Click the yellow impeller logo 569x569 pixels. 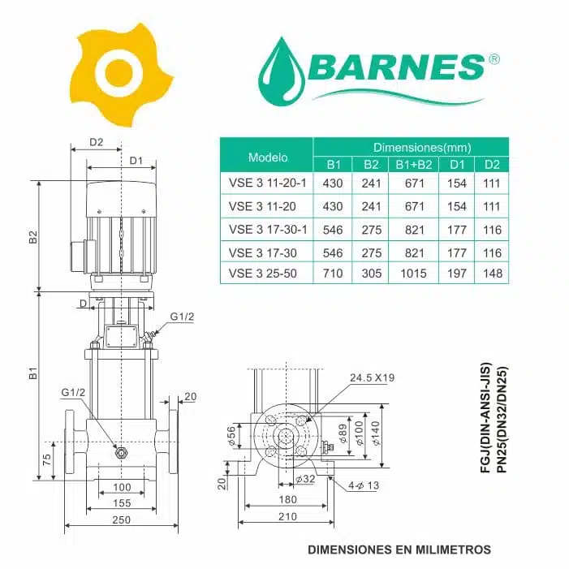(x=121, y=74)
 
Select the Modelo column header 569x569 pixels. (x=268, y=157)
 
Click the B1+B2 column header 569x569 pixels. (x=414, y=165)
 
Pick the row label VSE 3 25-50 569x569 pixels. (x=263, y=274)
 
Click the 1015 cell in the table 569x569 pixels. (x=413, y=274)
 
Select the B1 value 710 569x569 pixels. (x=333, y=274)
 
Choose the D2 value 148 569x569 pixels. (x=492, y=274)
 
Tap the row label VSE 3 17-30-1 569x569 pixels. (x=268, y=230)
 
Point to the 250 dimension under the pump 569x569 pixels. (x=121, y=519)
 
